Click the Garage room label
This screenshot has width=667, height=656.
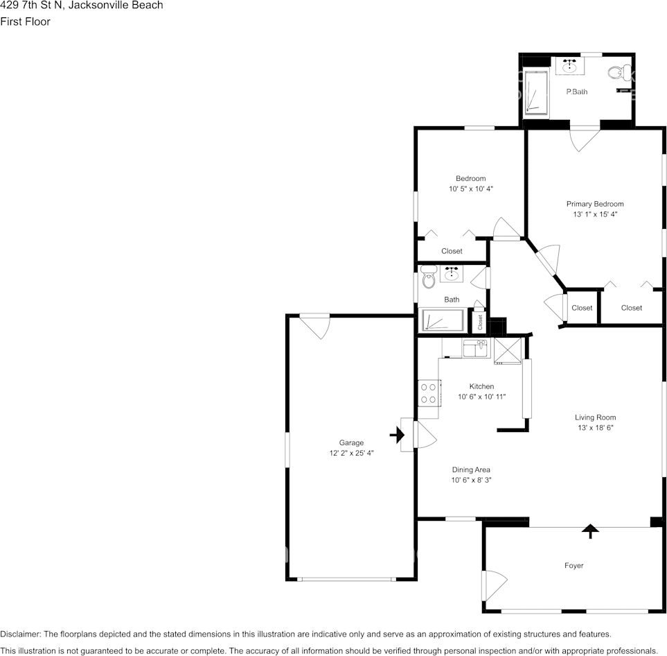[x=351, y=442]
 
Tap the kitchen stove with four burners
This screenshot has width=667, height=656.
[x=428, y=393]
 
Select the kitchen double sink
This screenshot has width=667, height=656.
[x=476, y=348]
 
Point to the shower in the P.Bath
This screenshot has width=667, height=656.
[x=535, y=92]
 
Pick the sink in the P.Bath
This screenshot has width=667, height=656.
[x=569, y=66]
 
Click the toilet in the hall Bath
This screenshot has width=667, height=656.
[x=429, y=277]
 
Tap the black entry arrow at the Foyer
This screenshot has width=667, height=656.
[x=590, y=531]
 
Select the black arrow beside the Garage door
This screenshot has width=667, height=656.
[x=397, y=435]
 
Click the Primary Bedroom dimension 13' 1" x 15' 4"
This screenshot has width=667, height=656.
[x=595, y=214]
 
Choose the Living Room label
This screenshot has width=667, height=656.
[x=595, y=417]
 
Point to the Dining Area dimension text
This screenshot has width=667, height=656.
[x=471, y=480]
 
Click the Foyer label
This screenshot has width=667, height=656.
[x=573, y=565]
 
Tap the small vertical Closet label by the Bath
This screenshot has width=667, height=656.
[x=480, y=322]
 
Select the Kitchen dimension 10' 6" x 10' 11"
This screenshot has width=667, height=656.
[x=481, y=397]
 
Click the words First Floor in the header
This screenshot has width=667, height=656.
[x=25, y=21]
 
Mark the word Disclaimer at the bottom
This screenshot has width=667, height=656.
[x=20, y=635]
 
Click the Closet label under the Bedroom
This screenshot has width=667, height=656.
[x=452, y=251]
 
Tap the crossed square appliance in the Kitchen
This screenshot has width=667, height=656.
[x=508, y=351]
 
